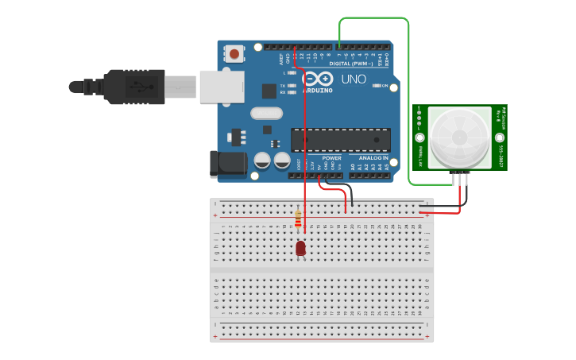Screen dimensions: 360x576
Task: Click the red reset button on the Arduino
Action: click(234, 54)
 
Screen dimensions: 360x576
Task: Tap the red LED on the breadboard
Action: click(300, 248)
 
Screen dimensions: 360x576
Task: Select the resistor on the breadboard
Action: click(298, 218)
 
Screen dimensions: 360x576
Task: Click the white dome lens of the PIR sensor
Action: click(460, 136)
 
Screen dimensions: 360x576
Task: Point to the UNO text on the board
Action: click(354, 80)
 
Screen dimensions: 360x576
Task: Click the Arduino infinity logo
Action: click(319, 79)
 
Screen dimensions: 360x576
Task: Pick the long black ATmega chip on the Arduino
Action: click(340, 139)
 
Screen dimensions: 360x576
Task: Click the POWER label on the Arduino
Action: click(331, 157)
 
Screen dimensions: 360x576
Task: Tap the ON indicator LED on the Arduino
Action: click(377, 86)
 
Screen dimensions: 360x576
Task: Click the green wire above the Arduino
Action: click(373, 18)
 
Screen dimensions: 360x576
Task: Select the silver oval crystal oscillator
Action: click(266, 113)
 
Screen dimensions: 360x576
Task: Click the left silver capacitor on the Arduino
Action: click(262, 161)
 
